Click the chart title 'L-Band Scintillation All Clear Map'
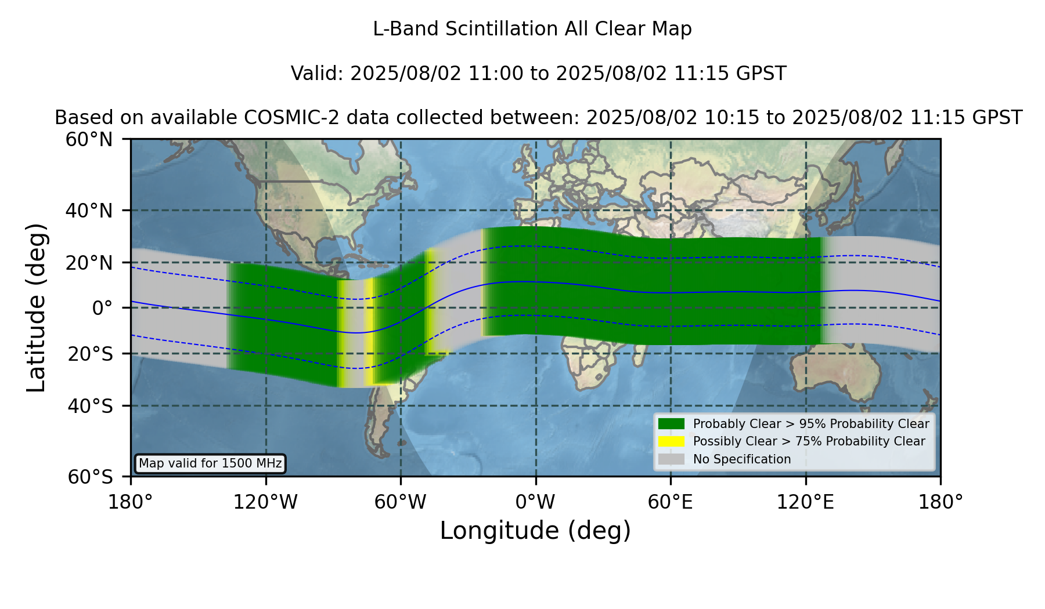pyautogui.click(x=532, y=29)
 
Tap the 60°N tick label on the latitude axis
pyautogui.click(x=89, y=139)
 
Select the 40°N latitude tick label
pyautogui.click(x=89, y=211)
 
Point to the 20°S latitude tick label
pyautogui.click(x=91, y=354)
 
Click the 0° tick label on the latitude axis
pyautogui.click(x=103, y=308)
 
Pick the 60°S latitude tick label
pyautogui.click(x=91, y=477)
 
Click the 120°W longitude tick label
pyautogui.click(x=265, y=502)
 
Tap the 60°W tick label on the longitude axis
pyautogui.click(x=401, y=502)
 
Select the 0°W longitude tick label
pyautogui.click(x=536, y=502)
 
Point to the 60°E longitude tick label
pyautogui.click(x=671, y=502)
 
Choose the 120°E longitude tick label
pyautogui.click(x=806, y=502)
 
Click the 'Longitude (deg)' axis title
pyautogui.click(x=535, y=531)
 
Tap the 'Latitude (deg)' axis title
pyautogui.click(x=37, y=307)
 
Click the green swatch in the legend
pyautogui.click(x=672, y=423)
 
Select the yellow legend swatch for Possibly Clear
pyautogui.click(x=672, y=441)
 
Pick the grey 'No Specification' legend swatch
pyautogui.click(x=672, y=459)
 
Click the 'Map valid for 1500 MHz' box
pyautogui.click(x=210, y=463)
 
